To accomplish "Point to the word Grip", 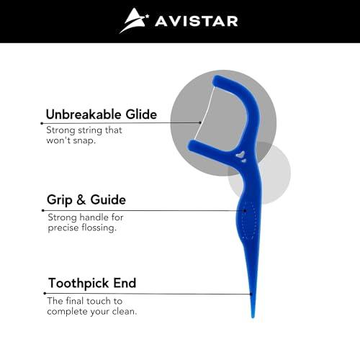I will [63, 200].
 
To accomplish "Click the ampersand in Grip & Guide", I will [87, 200].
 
